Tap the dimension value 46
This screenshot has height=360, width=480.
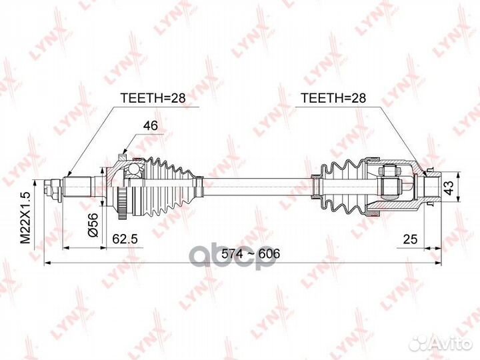pyautogui.click(x=151, y=125)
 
